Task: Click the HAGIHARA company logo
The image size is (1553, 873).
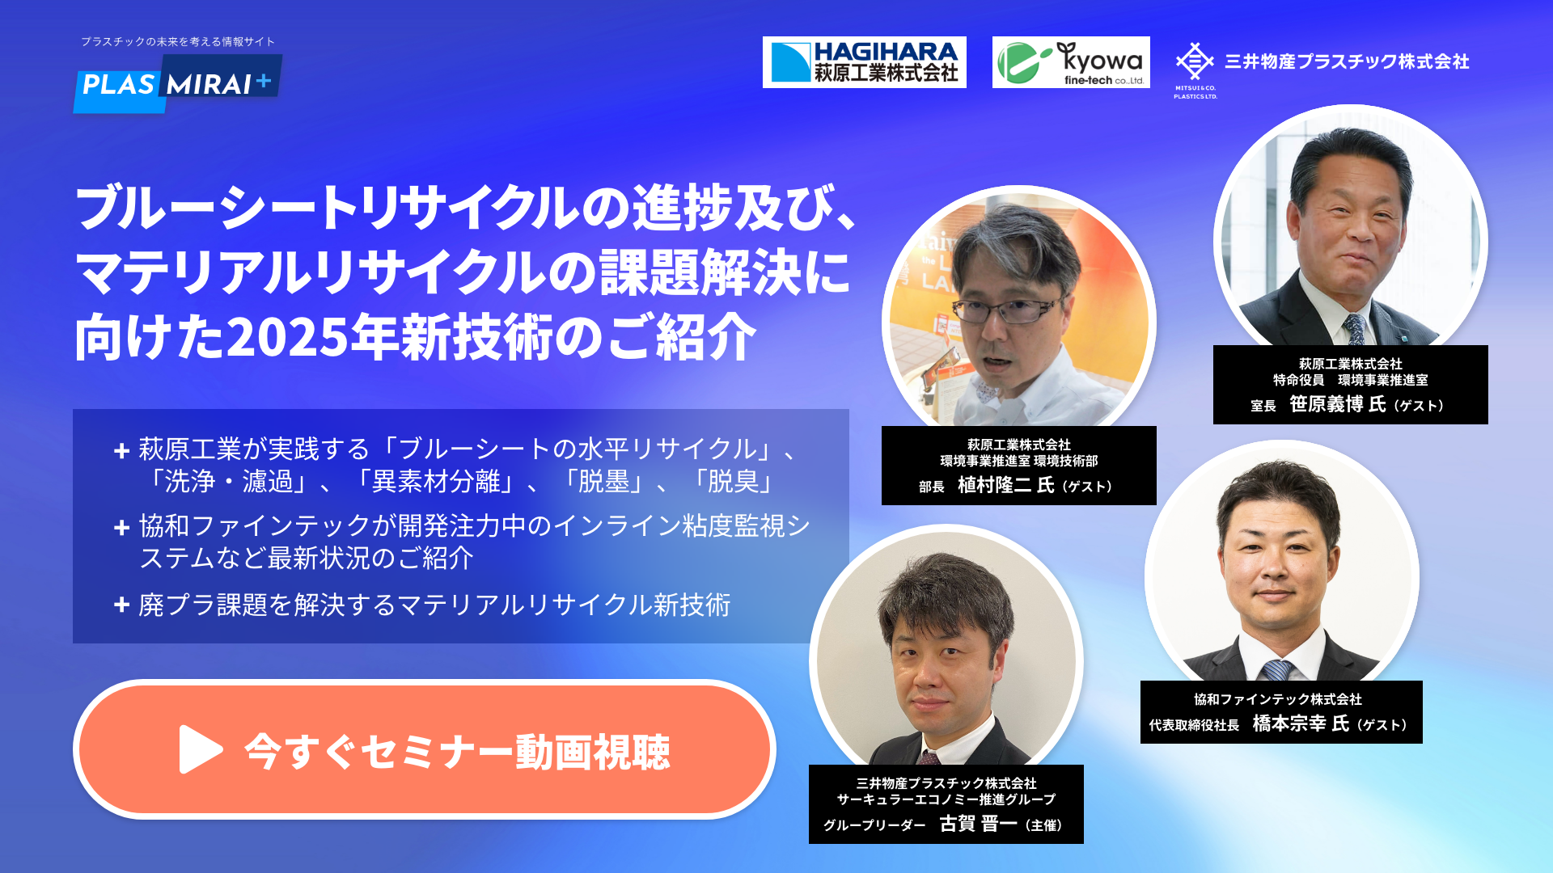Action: coord(864,62)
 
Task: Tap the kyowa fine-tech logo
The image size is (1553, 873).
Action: coord(1071,62)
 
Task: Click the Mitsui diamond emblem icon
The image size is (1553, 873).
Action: coord(1195,61)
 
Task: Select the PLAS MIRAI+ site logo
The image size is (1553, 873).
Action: coord(178,83)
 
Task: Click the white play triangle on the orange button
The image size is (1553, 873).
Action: coord(200,749)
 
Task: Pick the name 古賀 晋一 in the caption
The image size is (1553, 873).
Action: coord(978,824)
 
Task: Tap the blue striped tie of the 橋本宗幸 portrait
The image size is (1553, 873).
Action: coord(1277,670)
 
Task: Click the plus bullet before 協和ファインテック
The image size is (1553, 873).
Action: coord(122,528)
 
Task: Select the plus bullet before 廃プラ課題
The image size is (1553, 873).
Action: coord(122,605)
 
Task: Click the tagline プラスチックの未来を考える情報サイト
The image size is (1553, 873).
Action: coord(178,41)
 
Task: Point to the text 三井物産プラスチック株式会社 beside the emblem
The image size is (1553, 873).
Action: coord(1347,61)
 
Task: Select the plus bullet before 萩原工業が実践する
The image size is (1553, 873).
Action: coord(122,451)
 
